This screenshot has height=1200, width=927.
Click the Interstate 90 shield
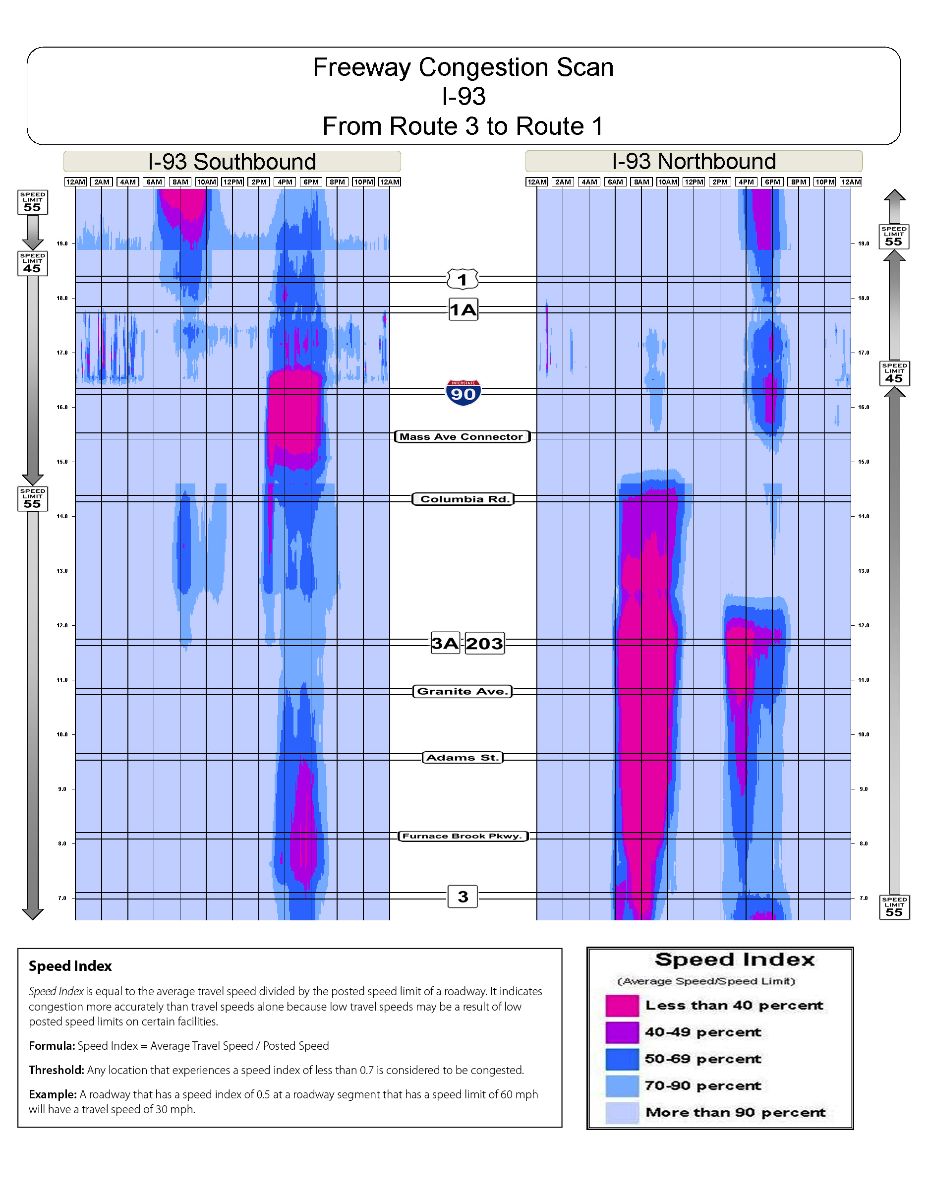pos(463,392)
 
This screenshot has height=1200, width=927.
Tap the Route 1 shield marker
pos(463,280)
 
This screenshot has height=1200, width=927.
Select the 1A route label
pos(463,310)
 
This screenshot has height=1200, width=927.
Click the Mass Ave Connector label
pos(462,437)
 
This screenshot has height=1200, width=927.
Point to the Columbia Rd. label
pos(463,499)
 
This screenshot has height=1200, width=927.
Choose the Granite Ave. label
pos(463,691)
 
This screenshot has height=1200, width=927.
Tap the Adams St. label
pos(463,758)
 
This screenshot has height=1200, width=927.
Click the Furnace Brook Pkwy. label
pos(463,836)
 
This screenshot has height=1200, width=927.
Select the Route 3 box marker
pos(463,897)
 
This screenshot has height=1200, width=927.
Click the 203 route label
pos(484,644)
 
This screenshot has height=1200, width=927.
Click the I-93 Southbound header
pos(232,162)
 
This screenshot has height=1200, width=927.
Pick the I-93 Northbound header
pos(694,161)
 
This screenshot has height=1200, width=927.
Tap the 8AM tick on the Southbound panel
pos(180,182)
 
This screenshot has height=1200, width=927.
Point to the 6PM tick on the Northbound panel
pos(772,182)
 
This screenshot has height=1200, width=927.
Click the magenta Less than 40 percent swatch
pos(622,1006)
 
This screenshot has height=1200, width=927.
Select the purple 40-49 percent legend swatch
pos(622,1032)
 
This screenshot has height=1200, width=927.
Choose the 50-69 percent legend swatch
pos(622,1059)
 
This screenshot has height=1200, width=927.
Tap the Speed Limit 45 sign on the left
pos(32,264)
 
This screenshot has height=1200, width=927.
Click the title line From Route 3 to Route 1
pos(463,126)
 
